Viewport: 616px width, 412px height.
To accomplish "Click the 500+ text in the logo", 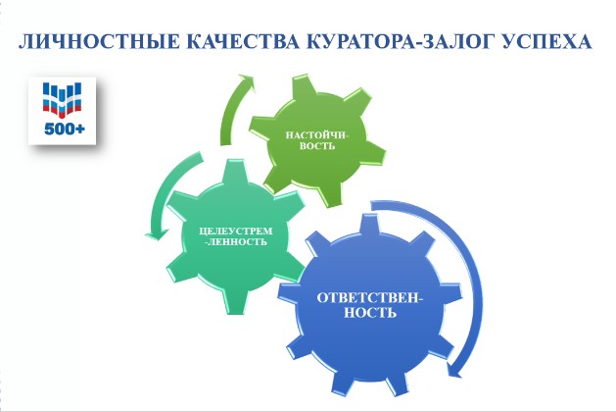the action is click(x=65, y=129).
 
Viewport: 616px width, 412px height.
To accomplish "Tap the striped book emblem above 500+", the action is click(x=62, y=100).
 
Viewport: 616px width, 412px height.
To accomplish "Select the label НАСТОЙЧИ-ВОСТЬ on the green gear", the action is click(x=316, y=140).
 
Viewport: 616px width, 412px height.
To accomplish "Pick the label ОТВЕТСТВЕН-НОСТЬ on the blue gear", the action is click(x=370, y=305).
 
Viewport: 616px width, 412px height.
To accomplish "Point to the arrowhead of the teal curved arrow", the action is click(x=157, y=233).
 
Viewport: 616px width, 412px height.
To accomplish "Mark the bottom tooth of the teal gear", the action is click(x=237, y=302).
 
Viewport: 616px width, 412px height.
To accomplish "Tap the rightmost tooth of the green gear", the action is click(x=374, y=154).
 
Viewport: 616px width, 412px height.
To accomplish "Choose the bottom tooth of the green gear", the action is click(x=328, y=195).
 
